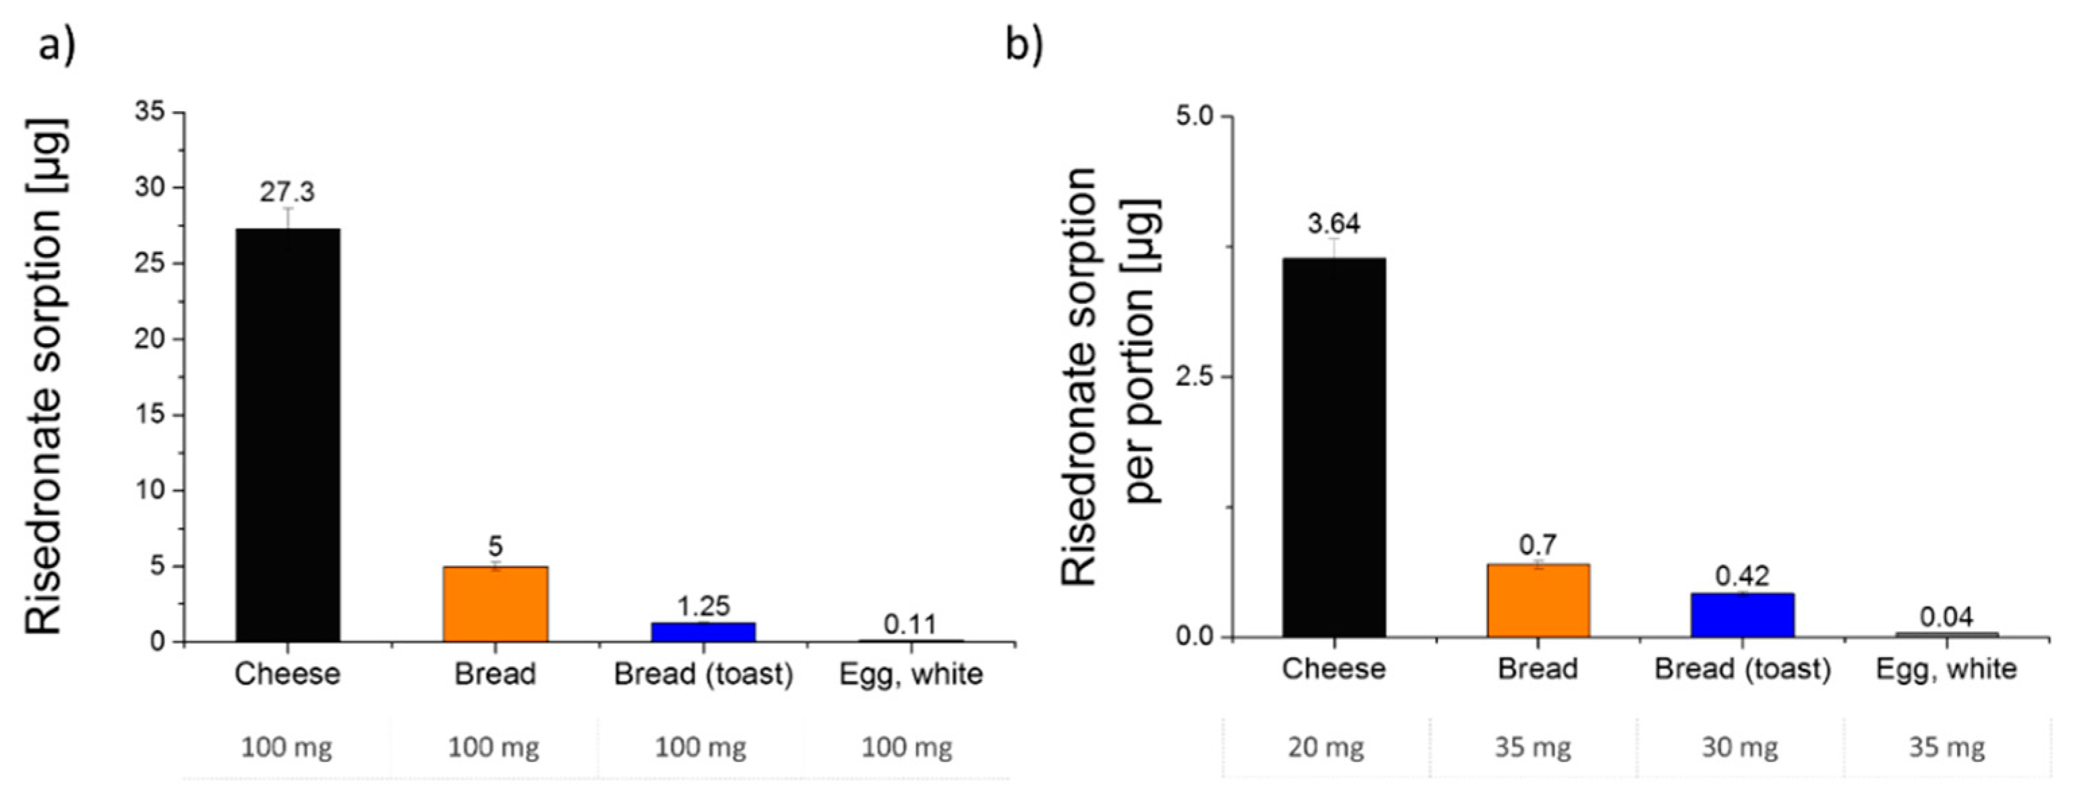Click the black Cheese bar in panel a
(287, 435)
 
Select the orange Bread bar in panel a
(495, 604)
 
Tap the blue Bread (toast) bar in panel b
(1742, 615)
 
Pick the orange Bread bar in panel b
(1538, 601)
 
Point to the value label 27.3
(287, 192)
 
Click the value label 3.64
(1333, 224)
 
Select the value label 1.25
(702, 605)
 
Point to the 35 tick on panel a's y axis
(150, 112)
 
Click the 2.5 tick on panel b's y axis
(1193, 377)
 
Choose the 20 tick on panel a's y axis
(150, 339)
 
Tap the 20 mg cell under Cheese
(1325, 748)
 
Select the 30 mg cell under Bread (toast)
(1739, 748)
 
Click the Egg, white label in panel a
(911, 674)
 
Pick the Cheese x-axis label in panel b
(1333, 669)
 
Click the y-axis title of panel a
(44, 377)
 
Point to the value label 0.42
(1742, 576)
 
